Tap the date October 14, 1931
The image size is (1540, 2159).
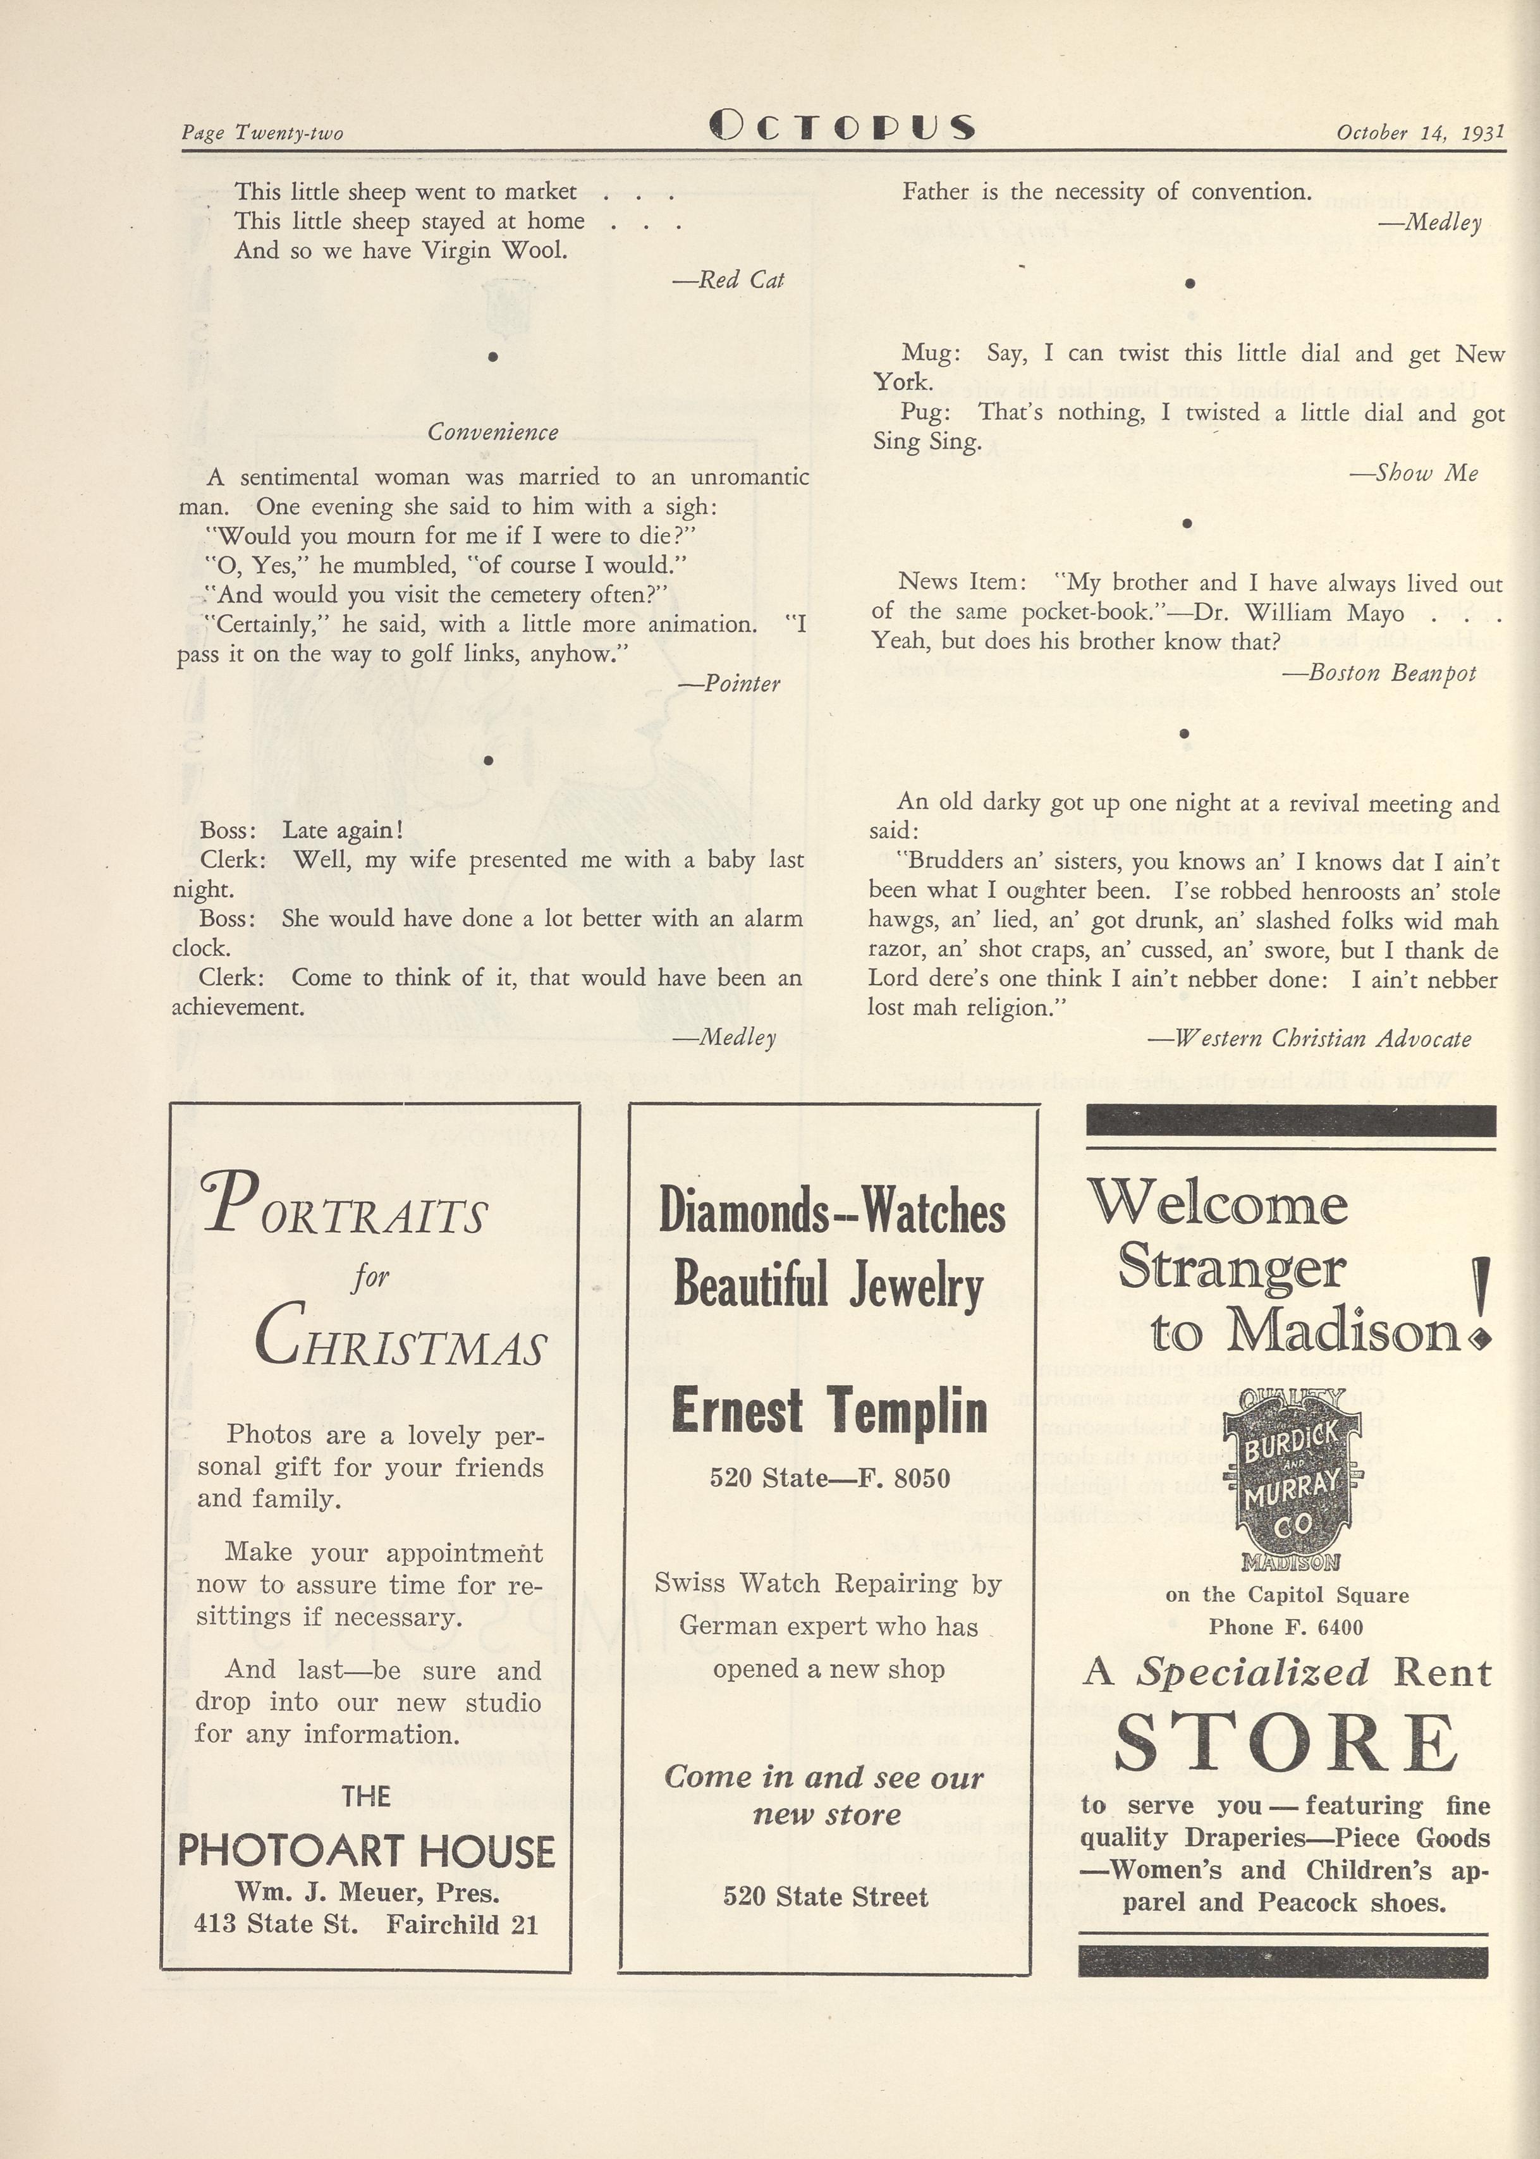[x=1420, y=133]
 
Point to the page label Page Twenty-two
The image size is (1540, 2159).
[x=263, y=133]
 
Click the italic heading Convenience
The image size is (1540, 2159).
[x=492, y=432]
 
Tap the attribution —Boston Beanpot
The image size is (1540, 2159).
[x=1379, y=673]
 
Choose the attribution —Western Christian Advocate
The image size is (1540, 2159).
[x=1310, y=1038]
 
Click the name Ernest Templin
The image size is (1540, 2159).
[x=829, y=1411]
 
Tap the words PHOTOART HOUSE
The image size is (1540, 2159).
[x=366, y=1851]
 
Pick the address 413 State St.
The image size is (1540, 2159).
[x=276, y=1924]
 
